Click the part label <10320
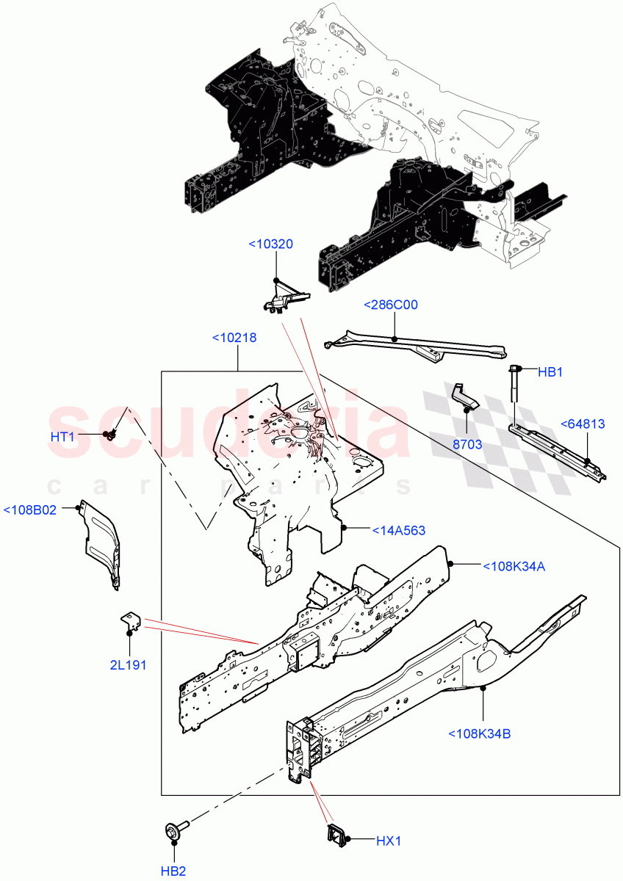271,244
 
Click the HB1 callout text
550,372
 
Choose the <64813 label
583,424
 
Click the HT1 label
62,437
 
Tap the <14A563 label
398,530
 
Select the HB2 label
173,871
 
